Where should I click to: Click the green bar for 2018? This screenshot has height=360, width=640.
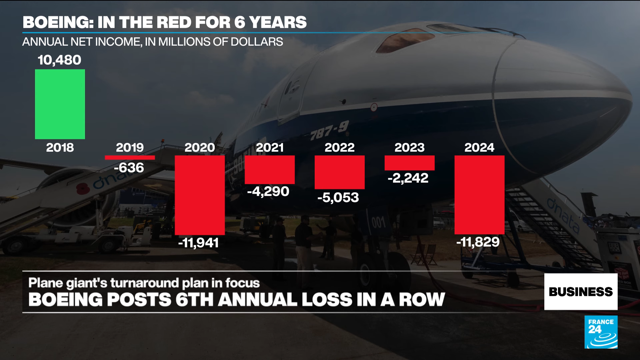(60, 104)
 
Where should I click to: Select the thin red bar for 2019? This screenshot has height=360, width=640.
(130, 158)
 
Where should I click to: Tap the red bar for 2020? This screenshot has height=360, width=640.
(200, 195)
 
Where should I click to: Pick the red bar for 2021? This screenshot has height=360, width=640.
(270, 170)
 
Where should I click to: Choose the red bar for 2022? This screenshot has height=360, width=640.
(340, 172)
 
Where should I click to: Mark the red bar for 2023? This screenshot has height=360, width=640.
(410, 163)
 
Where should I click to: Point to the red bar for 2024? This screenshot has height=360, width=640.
(479, 195)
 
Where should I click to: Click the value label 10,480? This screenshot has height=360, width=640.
(59, 60)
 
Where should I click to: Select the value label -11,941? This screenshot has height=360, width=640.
(199, 243)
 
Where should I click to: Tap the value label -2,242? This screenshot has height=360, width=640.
(408, 178)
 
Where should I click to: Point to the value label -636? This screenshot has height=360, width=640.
(129, 168)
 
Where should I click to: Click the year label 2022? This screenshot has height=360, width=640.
(340, 148)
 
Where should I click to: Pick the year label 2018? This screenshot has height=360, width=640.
(60, 148)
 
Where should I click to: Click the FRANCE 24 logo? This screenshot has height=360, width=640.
(601, 332)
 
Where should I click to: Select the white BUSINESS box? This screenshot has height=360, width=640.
(581, 292)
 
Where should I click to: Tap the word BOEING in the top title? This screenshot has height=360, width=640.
(57, 22)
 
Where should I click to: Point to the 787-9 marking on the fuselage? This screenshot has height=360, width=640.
(329, 130)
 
